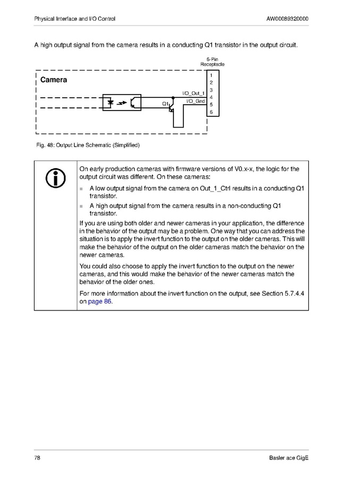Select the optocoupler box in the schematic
pos(122,102)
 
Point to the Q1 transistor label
pos(165,103)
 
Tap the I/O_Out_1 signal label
pos(194,94)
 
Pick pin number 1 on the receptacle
pos(211,76)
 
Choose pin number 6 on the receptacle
pos(211,112)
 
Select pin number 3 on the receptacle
pos(211,90)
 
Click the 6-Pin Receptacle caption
pos(212,62)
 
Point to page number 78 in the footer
pos(37,458)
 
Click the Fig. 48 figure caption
pos(87,144)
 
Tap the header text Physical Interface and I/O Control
pos(74,19)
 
